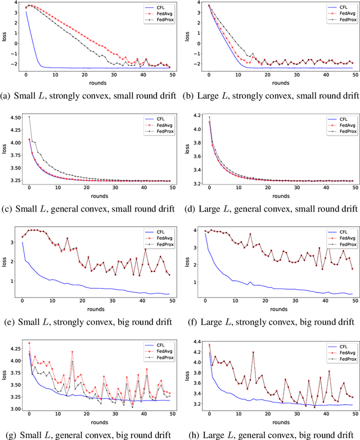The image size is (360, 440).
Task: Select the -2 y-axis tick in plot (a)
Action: click(14, 63)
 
